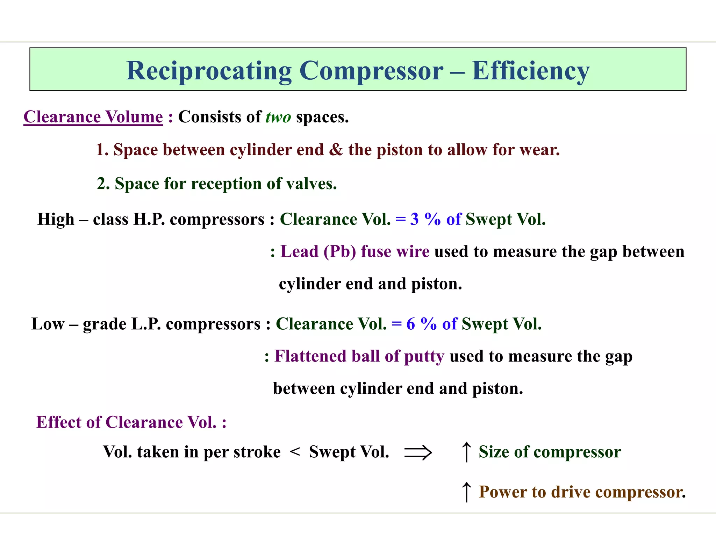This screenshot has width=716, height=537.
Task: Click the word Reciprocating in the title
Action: tap(209, 71)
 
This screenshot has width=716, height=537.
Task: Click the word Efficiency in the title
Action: tap(530, 71)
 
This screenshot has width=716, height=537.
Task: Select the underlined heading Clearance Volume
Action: tap(93, 117)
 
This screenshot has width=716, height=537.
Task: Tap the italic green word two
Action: tap(278, 117)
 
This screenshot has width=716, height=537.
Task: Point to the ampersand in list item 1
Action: tap(336, 150)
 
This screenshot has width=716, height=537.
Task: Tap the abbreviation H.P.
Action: tap(149, 219)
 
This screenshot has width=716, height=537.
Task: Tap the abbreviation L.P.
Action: tap(146, 324)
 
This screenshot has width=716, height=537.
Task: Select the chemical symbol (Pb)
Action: tap(340, 251)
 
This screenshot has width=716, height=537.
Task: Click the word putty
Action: tap(424, 356)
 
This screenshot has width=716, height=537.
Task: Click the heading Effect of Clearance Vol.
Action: tap(131, 422)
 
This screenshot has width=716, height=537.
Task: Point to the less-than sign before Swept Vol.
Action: tap(295, 452)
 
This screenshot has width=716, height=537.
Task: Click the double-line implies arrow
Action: tap(418, 452)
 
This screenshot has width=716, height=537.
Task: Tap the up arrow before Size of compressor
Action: tap(466, 452)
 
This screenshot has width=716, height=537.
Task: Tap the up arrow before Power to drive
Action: tap(466, 492)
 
